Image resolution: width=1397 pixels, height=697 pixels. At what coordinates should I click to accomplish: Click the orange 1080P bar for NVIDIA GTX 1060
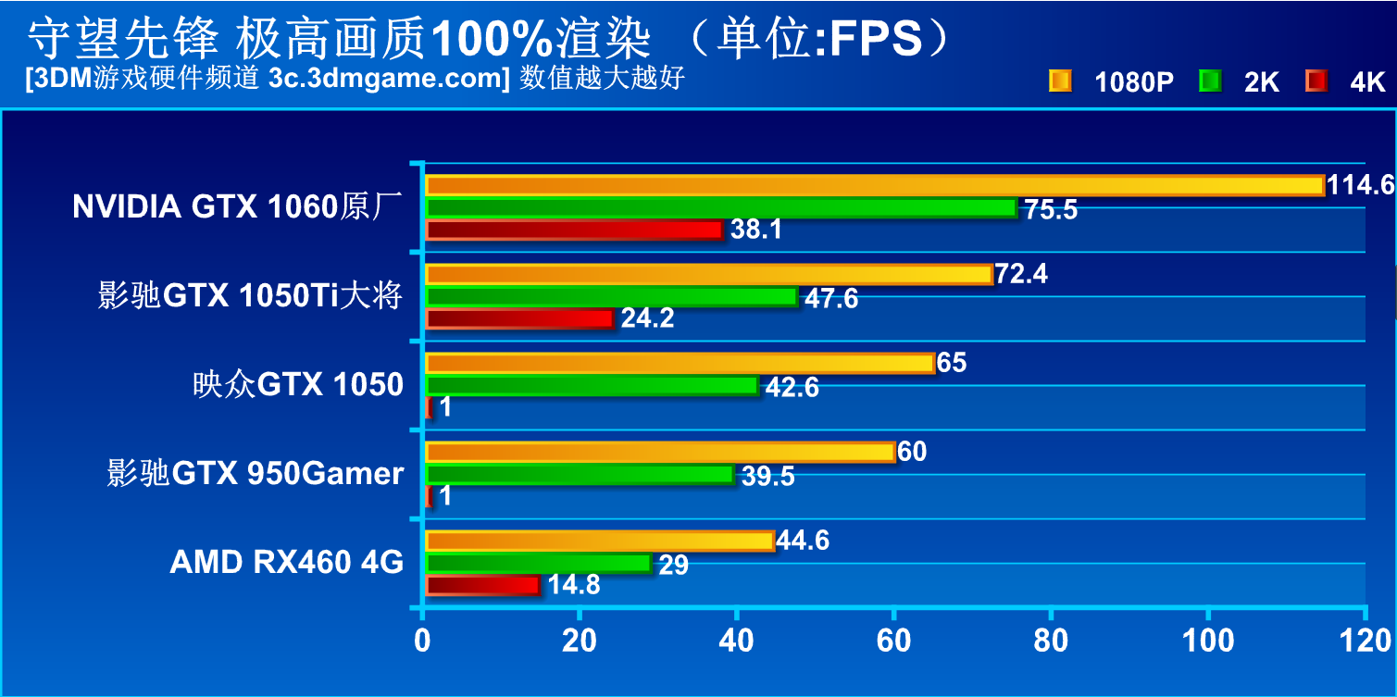[875, 185]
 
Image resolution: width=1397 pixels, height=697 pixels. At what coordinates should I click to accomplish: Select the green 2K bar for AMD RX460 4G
[539, 563]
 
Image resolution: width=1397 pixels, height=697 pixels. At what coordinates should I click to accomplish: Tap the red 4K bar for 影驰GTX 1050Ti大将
[519, 318]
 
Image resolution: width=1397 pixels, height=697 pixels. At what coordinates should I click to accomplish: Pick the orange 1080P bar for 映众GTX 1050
[680, 363]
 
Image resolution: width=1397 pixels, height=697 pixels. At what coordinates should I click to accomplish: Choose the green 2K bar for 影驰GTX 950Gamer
[580, 475]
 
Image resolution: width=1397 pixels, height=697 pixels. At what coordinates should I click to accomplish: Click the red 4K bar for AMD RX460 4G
[482, 585]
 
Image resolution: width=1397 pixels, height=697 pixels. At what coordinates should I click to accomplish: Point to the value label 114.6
[1360, 185]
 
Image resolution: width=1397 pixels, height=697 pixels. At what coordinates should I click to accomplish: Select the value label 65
[952, 362]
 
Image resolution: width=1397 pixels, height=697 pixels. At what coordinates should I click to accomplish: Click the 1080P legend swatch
[1060, 81]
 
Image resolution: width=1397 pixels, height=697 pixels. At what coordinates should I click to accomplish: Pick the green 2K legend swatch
[1209, 81]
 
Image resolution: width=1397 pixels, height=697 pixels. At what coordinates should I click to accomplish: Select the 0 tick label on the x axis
[423, 640]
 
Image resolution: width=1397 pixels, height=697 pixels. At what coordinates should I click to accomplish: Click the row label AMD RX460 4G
[287, 562]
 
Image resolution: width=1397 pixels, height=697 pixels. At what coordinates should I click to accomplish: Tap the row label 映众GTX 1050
[298, 384]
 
